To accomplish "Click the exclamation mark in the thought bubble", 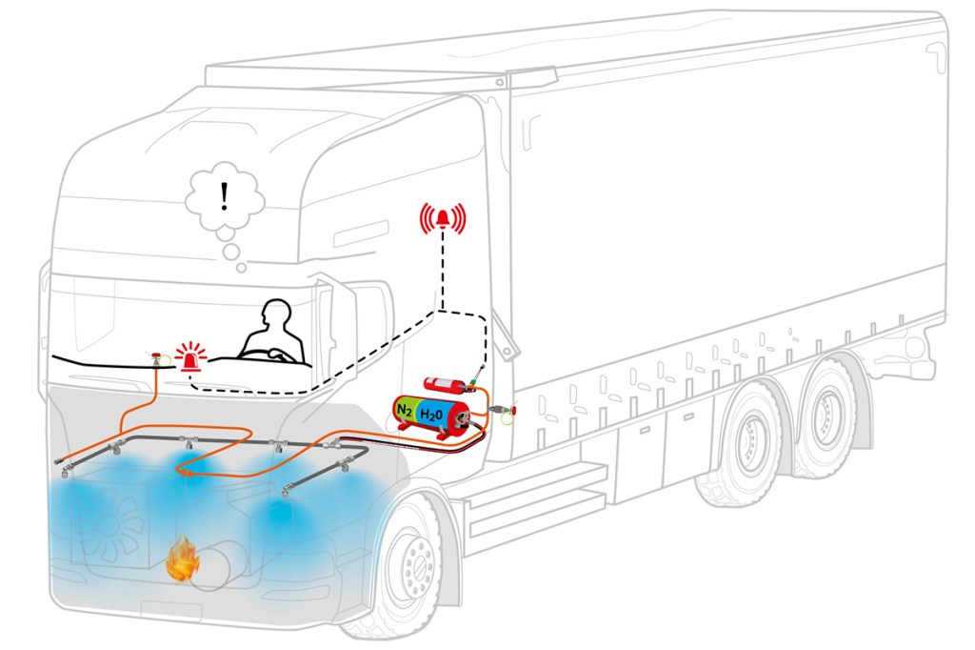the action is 225,196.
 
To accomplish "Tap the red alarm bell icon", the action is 443,218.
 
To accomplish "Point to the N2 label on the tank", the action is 404,410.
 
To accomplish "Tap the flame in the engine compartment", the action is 183,559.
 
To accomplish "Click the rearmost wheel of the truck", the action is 826,418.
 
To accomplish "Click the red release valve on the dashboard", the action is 157,358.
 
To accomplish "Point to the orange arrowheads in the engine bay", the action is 186,474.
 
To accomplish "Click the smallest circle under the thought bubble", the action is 241,268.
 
